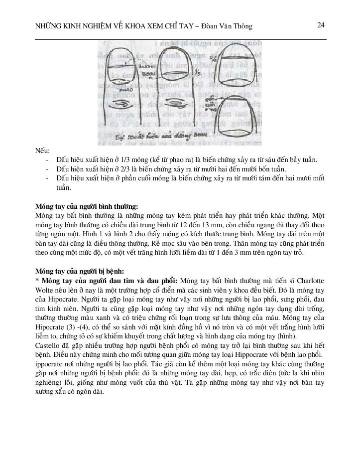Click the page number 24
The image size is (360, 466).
click(x=321, y=25)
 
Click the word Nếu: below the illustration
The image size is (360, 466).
click(x=42, y=151)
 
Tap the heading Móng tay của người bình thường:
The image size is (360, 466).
click(x=86, y=206)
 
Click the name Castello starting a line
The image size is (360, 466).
click(x=48, y=345)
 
